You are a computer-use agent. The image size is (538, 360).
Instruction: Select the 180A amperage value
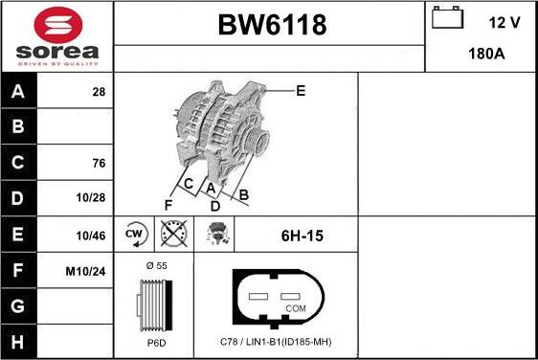tap(485, 54)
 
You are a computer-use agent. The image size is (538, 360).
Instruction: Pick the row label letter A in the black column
tap(18, 92)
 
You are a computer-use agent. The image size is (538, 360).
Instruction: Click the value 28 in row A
tap(98, 92)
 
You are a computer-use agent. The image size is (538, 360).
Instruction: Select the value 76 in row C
tap(98, 163)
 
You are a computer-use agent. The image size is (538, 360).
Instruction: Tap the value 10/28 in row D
tap(92, 198)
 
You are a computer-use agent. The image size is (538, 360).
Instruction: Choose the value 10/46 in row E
tap(92, 235)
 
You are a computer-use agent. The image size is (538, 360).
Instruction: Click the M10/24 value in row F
tap(85, 271)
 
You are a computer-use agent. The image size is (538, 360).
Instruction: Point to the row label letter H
tap(18, 342)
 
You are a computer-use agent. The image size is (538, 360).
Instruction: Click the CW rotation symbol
tap(134, 234)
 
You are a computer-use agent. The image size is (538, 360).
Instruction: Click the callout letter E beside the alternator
tap(300, 91)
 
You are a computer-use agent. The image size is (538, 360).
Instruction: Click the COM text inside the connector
tap(297, 308)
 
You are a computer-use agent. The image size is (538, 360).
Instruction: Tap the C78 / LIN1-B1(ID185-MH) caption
tap(276, 343)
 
